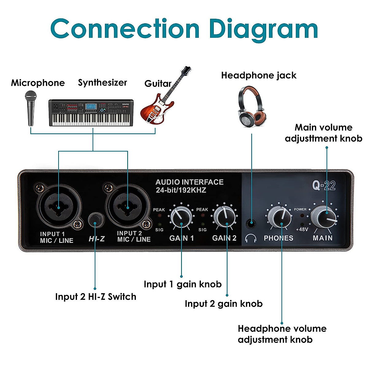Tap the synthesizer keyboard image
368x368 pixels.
[x=91, y=113]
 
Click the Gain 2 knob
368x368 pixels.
[x=224, y=217]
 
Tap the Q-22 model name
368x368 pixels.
[x=324, y=186]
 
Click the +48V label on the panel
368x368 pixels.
[x=302, y=229]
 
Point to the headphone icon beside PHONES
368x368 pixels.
[x=251, y=238]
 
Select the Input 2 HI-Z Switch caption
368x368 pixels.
[x=96, y=297]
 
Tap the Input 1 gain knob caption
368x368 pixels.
[x=182, y=284]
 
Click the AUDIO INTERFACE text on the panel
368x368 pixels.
[x=189, y=182]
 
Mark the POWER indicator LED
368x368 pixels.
[x=303, y=215]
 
